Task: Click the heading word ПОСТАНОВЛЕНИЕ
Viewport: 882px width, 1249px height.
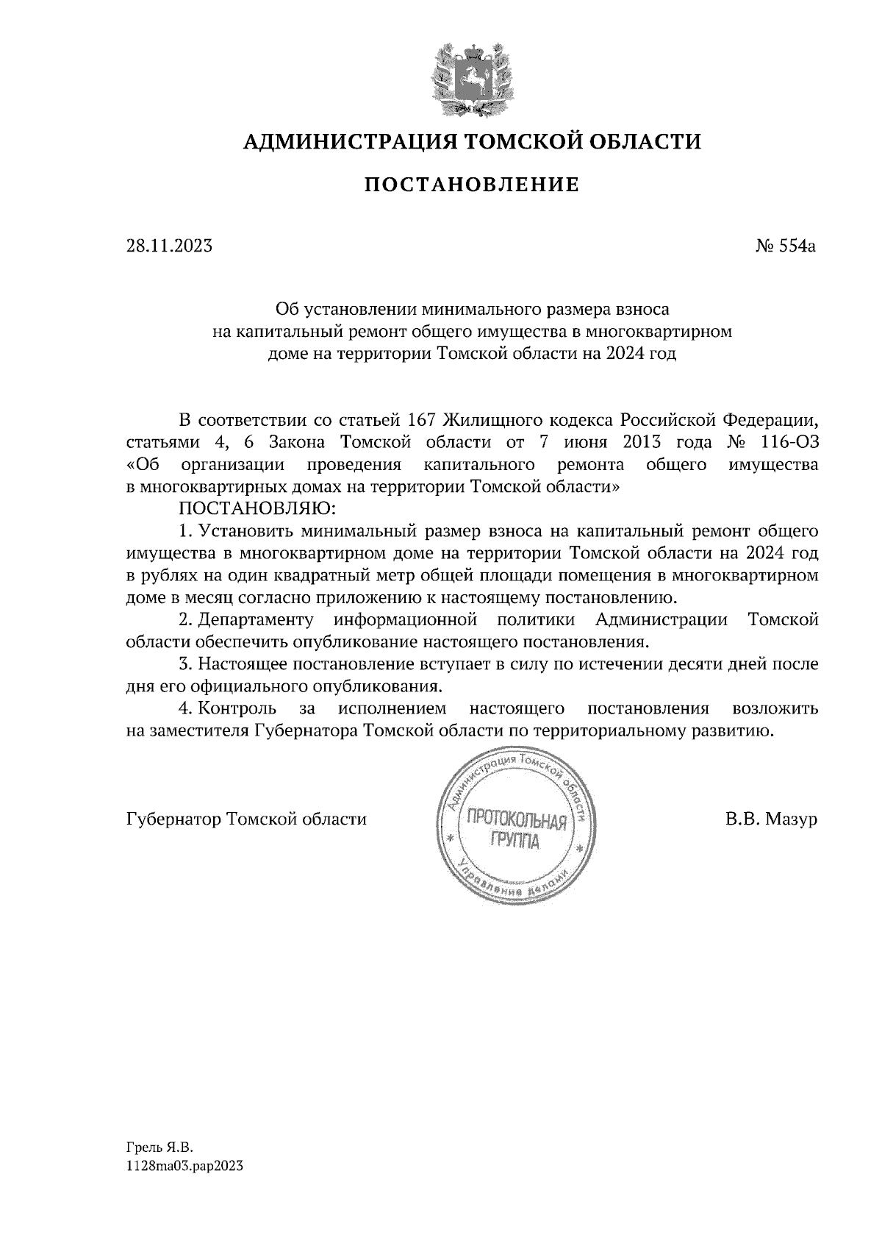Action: (x=472, y=185)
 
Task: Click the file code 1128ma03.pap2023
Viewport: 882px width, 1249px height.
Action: (x=184, y=1166)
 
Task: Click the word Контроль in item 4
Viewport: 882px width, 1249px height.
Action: (x=237, y=708)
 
